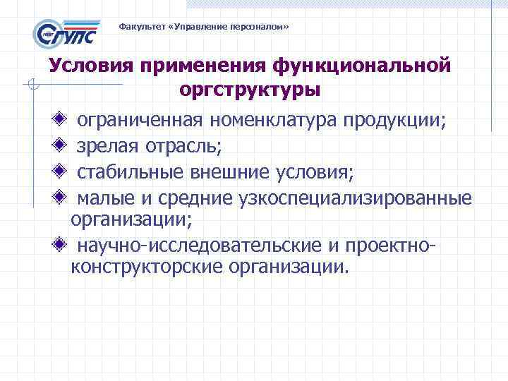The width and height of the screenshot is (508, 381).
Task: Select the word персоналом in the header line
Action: click(260, 27)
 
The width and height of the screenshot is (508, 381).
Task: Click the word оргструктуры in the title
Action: click(250, 90)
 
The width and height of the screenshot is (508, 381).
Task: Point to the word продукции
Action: click(394, 121)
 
